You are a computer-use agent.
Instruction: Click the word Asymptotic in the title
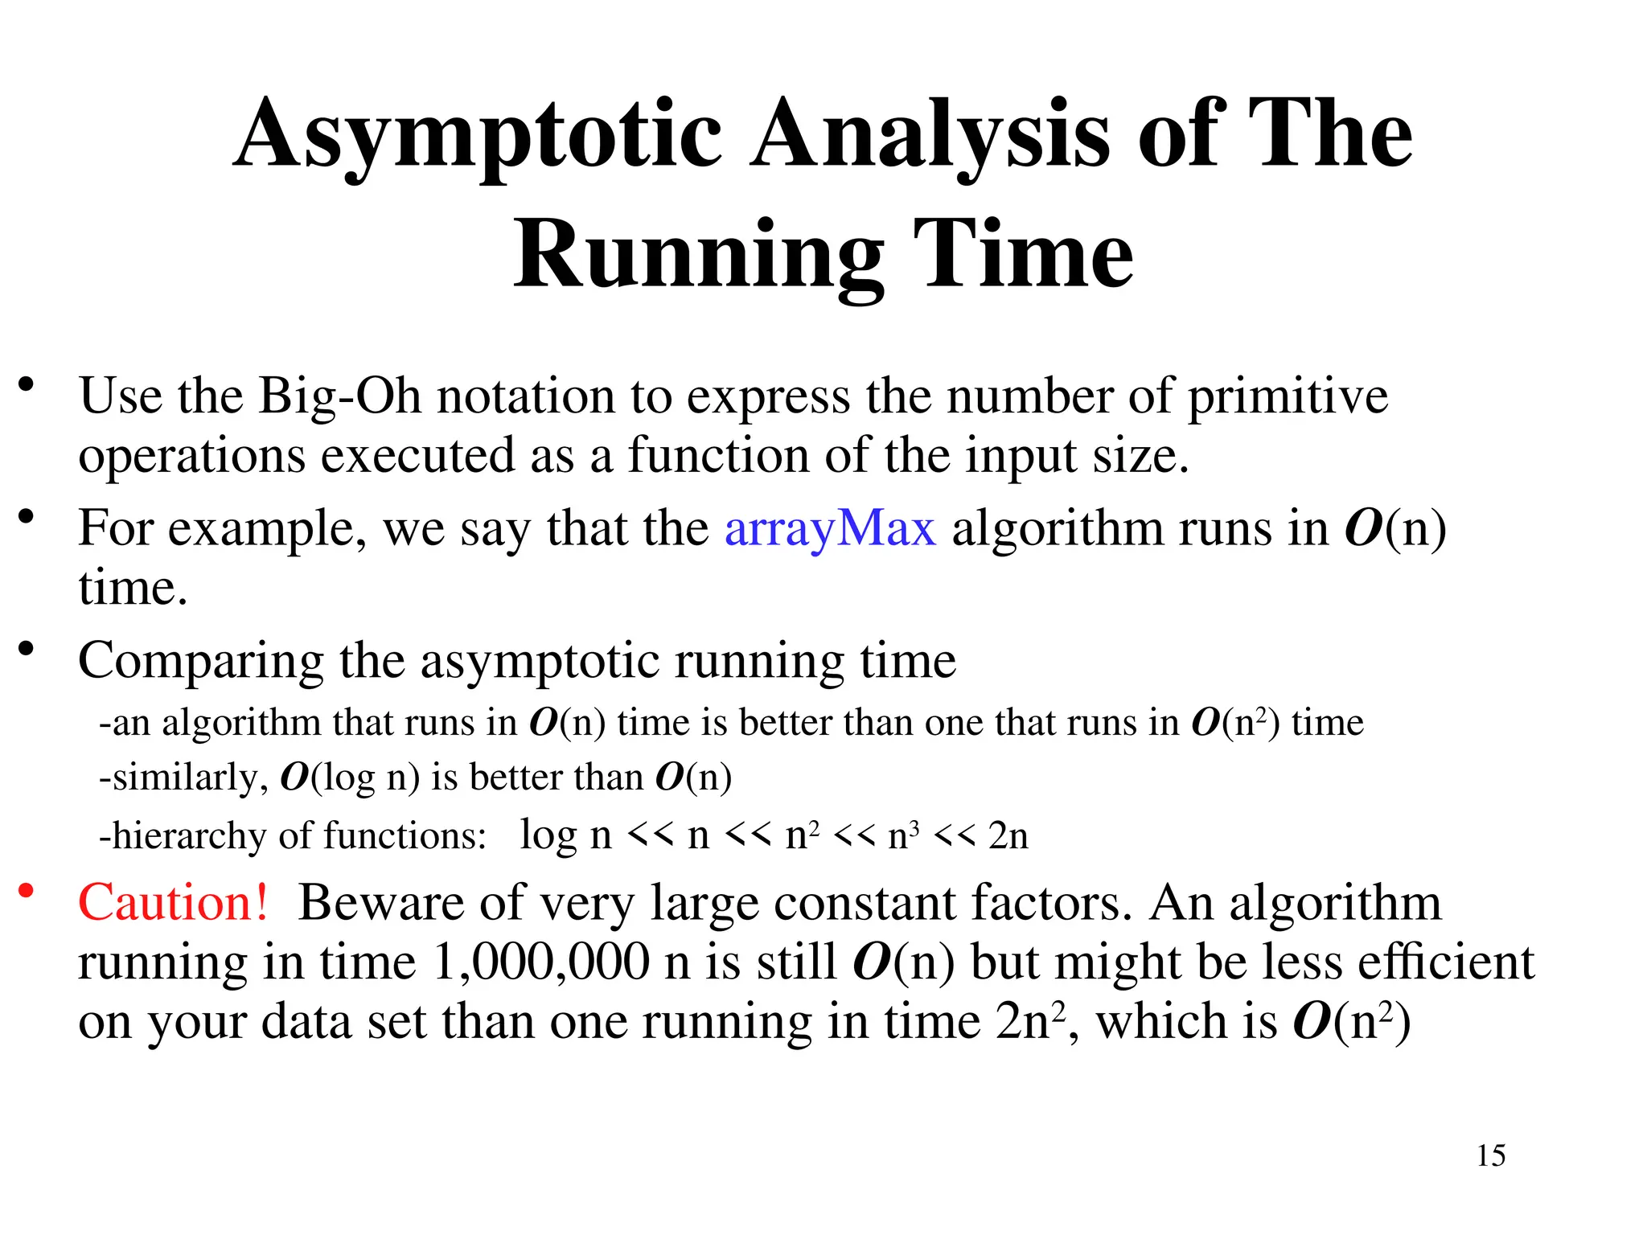pyautogui.click(x=478, y=135)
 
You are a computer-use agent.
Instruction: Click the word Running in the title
pyautogui.click(x=700, y=256)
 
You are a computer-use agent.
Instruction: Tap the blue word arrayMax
pyautogui.click(x=830, y=529)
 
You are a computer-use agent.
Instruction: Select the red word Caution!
pyautogui.click(x=173, y=902)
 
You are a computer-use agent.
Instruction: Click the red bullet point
pyautogui.click(x=27, y=890)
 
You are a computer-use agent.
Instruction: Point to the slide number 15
pyautogui.click(x=1490, y=1155)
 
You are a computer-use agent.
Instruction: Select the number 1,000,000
pyautogui.click(x=541, y=962)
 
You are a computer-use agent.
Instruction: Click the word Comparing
pyautogui.click(x=200, y=662)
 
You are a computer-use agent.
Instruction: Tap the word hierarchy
pyautogui.click(x=189, y=836)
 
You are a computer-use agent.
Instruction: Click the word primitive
pyautogui.click(x=1288, y=396)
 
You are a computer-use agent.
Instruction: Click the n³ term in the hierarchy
pyautogui.click(x=903, y=836)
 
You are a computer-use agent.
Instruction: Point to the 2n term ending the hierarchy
pyautogui.click(x=1008, y=836)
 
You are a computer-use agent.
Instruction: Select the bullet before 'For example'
pyautogui.click(x=27, y=516)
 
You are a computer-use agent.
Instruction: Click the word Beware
pyautogui.click(x=381, y=902)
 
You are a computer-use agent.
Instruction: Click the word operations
pyautogui.click(x=191, y=456)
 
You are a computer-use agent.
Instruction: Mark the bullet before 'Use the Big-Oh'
pyautogui.click(x=27, y=384)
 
